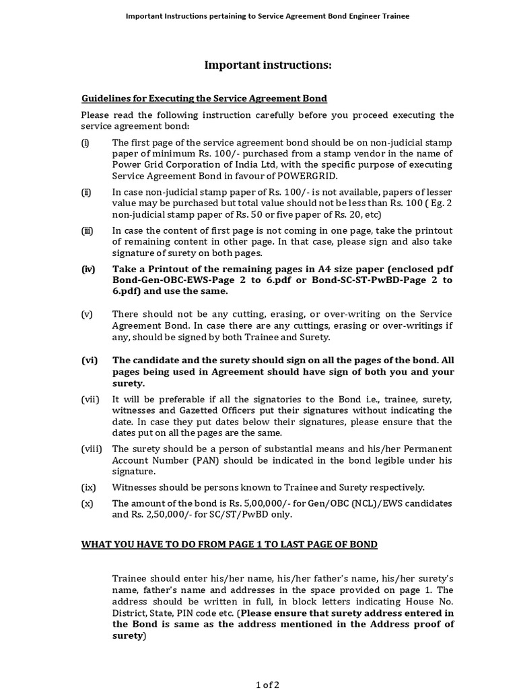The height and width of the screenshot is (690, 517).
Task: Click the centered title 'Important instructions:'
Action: click(268, 65)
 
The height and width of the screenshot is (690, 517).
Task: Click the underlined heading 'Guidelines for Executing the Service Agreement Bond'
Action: click(204, 98)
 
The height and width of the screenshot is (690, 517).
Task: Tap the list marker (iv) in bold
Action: click(88, 269)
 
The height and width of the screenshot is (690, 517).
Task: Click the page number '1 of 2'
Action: click(267, 685)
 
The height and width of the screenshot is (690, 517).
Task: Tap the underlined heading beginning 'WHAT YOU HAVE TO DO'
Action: click(230, 544)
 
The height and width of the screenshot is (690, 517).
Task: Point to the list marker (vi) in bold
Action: click(90, 360)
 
